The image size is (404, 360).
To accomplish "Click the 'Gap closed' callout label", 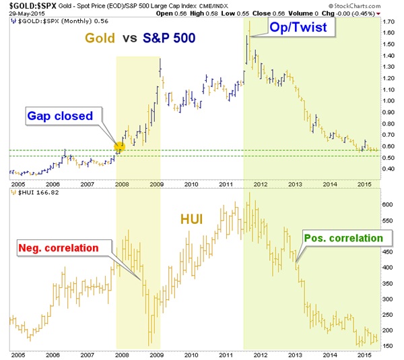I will tap(60, 116).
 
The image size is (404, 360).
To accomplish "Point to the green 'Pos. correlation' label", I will tap(343, 238).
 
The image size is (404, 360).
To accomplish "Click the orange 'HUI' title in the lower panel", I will tap(193, 219).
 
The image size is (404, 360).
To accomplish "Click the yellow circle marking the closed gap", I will tap(120, 147).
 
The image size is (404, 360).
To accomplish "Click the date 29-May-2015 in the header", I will tap(20, 13).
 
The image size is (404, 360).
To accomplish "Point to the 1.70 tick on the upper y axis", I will tap(389, 22).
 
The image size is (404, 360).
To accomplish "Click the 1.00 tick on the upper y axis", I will tap(389, 100).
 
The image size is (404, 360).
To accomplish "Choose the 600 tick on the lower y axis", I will tap(387, 204).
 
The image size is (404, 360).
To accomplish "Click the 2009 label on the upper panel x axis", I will tap(155, 183).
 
